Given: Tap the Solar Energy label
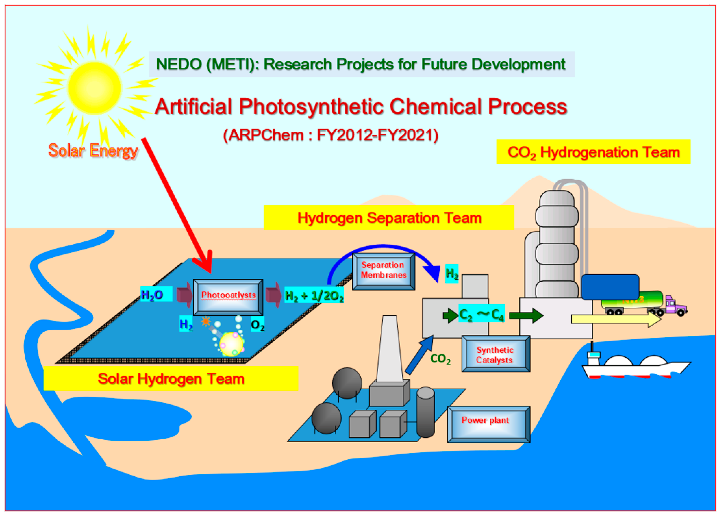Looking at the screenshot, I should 93,150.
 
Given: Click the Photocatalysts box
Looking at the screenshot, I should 228,297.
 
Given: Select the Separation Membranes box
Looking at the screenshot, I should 384,271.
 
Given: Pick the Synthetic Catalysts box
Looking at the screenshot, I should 495,354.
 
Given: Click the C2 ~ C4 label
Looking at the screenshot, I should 481,314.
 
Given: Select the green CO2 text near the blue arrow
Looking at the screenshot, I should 440,359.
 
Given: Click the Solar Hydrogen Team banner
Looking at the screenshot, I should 171,379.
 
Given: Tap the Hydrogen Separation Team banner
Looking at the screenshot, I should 389,218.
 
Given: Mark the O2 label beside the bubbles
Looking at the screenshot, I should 257,325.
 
